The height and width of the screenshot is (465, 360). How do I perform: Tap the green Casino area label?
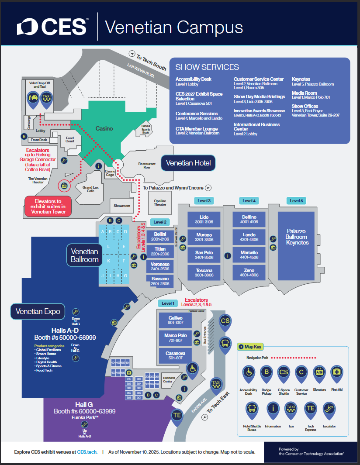click(x=104, y=128)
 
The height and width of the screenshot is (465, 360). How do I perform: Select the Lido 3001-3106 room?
click(x=204, y=219)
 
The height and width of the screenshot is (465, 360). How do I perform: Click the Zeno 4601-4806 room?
click(x=249, y=272)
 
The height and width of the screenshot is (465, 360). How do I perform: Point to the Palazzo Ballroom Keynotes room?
click(x=297, y=237)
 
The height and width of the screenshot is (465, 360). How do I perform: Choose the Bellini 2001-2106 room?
click(x=160, y=237)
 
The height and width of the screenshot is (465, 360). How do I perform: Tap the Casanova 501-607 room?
click(x=176, y=355)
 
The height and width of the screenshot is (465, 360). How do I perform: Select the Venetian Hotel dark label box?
click(x=188, y=163)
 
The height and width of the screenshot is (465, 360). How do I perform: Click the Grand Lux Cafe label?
click(x=90, y=189)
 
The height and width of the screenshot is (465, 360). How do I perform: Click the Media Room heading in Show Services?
click(x=304, y=93)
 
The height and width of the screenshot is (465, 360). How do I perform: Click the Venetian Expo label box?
click(x=38, y=311)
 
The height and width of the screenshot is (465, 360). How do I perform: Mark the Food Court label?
click(x=70, y=139)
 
